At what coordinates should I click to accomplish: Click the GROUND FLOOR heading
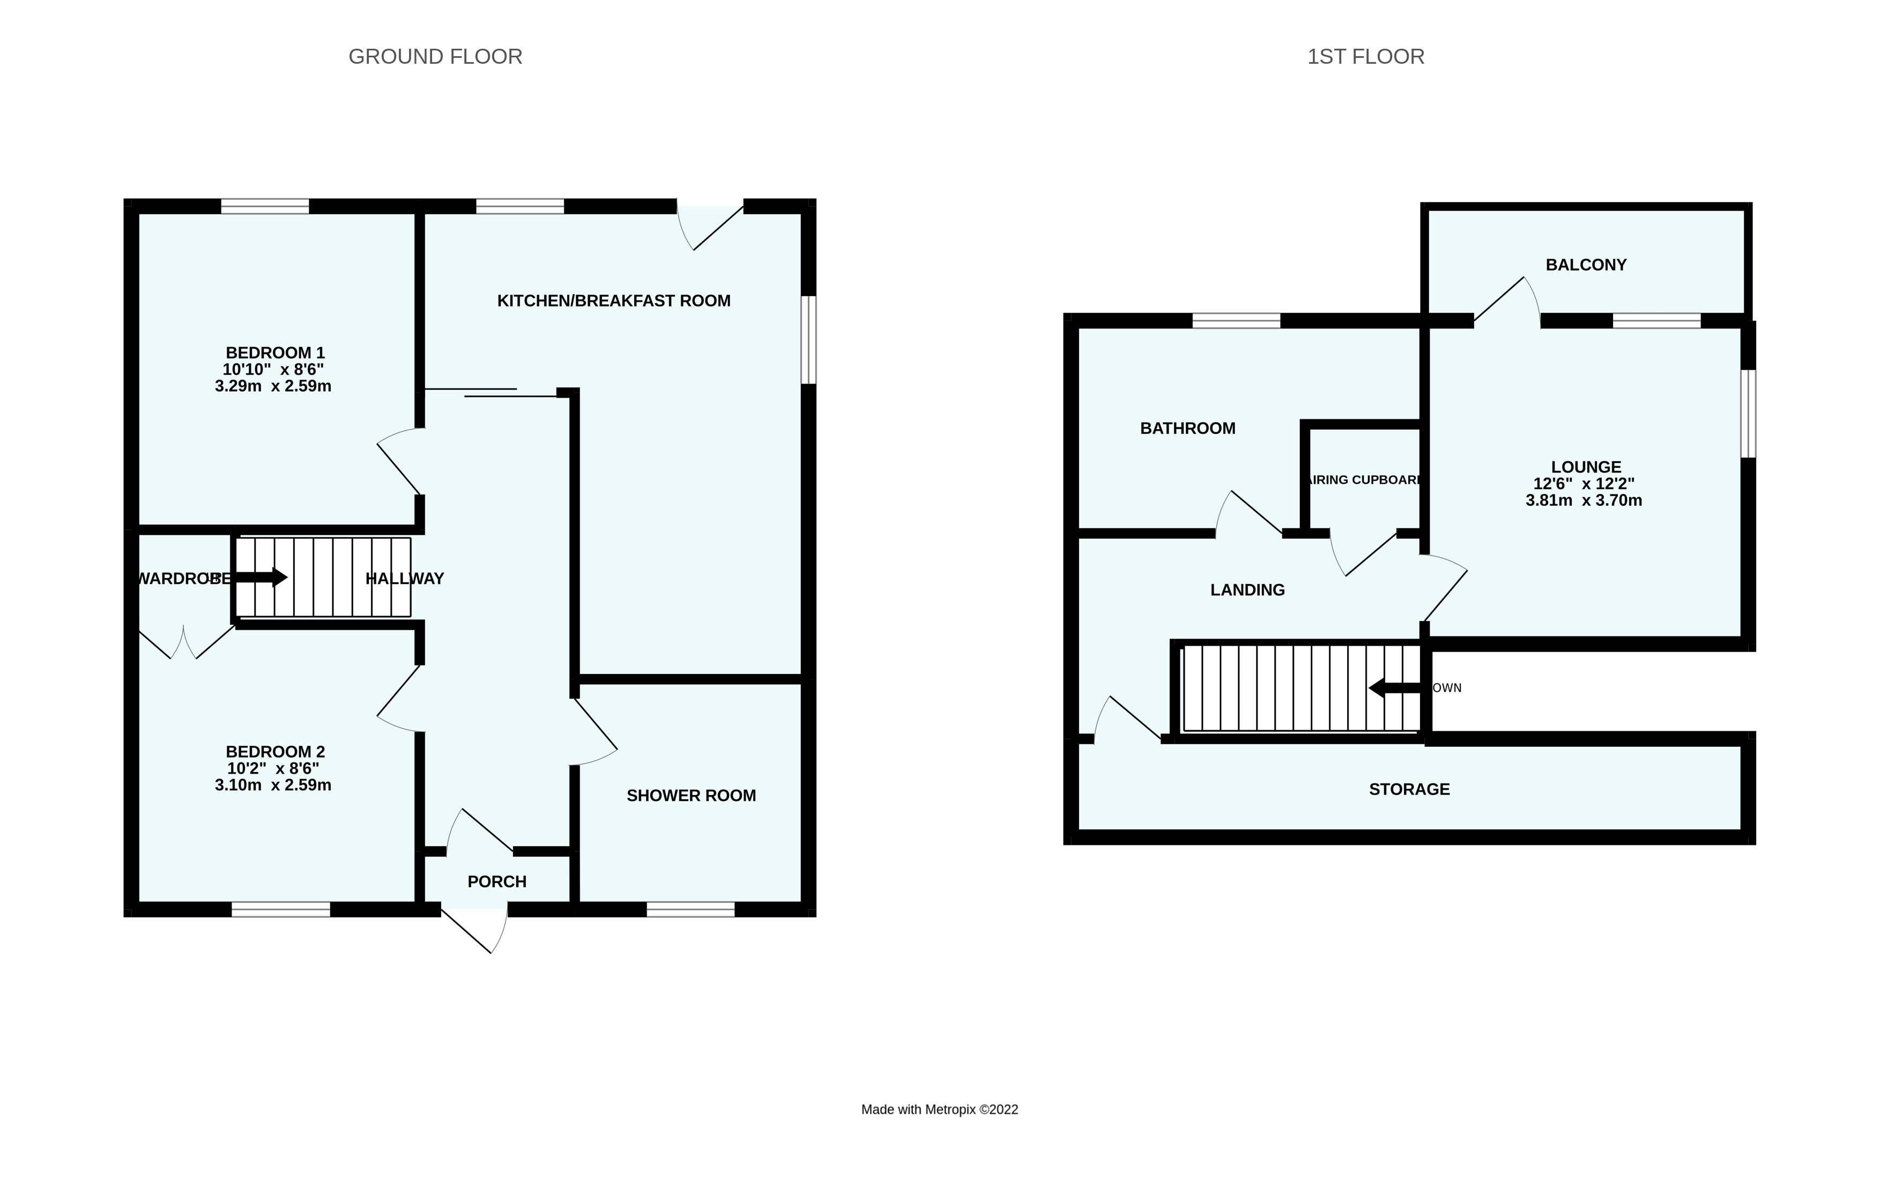[435, 57]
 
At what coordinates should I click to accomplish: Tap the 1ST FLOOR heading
[1365, 57]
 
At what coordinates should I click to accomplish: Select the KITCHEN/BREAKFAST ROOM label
[614, 301]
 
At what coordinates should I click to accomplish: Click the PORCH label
[496, 882]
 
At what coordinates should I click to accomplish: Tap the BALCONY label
[1586, 265]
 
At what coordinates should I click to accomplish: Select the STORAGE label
[1409, 790]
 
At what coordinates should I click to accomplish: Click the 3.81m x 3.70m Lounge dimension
[1584, 501]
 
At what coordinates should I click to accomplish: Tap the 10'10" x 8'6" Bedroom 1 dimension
[273, 370]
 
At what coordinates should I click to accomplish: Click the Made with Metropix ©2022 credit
[939, 1110]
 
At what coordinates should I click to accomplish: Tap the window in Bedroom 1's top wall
[265, 207]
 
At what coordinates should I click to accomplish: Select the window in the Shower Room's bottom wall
[690, 909]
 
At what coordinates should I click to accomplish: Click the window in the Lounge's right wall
[1748, 414]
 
